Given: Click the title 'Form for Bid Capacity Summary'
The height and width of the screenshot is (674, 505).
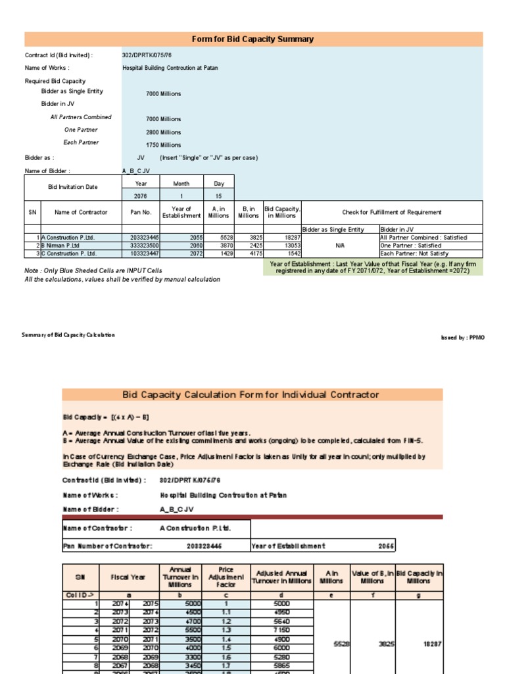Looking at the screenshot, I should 252,39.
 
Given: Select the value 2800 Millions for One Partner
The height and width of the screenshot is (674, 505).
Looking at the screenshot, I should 163,132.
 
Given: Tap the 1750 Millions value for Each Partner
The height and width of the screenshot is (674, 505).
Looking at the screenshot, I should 163,145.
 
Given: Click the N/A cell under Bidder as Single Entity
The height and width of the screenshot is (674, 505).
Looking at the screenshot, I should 340,246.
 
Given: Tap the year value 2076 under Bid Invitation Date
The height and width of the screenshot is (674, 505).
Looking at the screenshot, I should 141,196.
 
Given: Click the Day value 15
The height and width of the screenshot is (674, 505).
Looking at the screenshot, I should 218,196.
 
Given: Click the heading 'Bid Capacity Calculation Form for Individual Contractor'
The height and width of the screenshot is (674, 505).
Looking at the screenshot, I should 251,395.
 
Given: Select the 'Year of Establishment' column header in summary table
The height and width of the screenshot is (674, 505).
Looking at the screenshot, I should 181,212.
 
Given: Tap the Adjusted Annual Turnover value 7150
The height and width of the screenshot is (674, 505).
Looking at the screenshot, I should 281,630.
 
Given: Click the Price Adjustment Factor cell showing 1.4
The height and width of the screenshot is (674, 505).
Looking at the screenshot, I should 226,639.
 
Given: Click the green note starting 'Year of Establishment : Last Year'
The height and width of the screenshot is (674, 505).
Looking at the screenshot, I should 373,267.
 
